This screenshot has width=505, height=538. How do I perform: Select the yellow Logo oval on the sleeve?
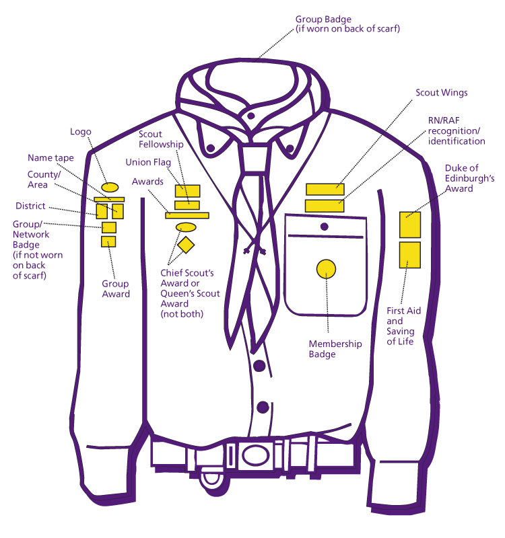(110, 186)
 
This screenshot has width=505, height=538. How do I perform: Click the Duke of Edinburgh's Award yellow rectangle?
(410, 225)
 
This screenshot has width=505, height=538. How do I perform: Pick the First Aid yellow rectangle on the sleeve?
(410, 254)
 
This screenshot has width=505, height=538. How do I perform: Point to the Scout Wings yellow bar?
(325, 190)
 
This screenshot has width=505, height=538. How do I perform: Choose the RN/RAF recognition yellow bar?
(325, 206)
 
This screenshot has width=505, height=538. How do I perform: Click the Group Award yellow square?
(108, 241)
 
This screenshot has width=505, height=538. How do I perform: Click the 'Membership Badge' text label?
(335, 349)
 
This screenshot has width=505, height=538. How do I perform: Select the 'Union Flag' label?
(148, 163)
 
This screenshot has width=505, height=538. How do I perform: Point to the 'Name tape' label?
(50, 158)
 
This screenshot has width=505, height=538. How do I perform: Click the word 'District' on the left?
(30, 206)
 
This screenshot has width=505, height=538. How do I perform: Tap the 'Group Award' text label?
(116, 289)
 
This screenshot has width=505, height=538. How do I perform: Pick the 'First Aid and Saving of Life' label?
(404, 326)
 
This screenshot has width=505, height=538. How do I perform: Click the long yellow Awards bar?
(187, 215)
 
